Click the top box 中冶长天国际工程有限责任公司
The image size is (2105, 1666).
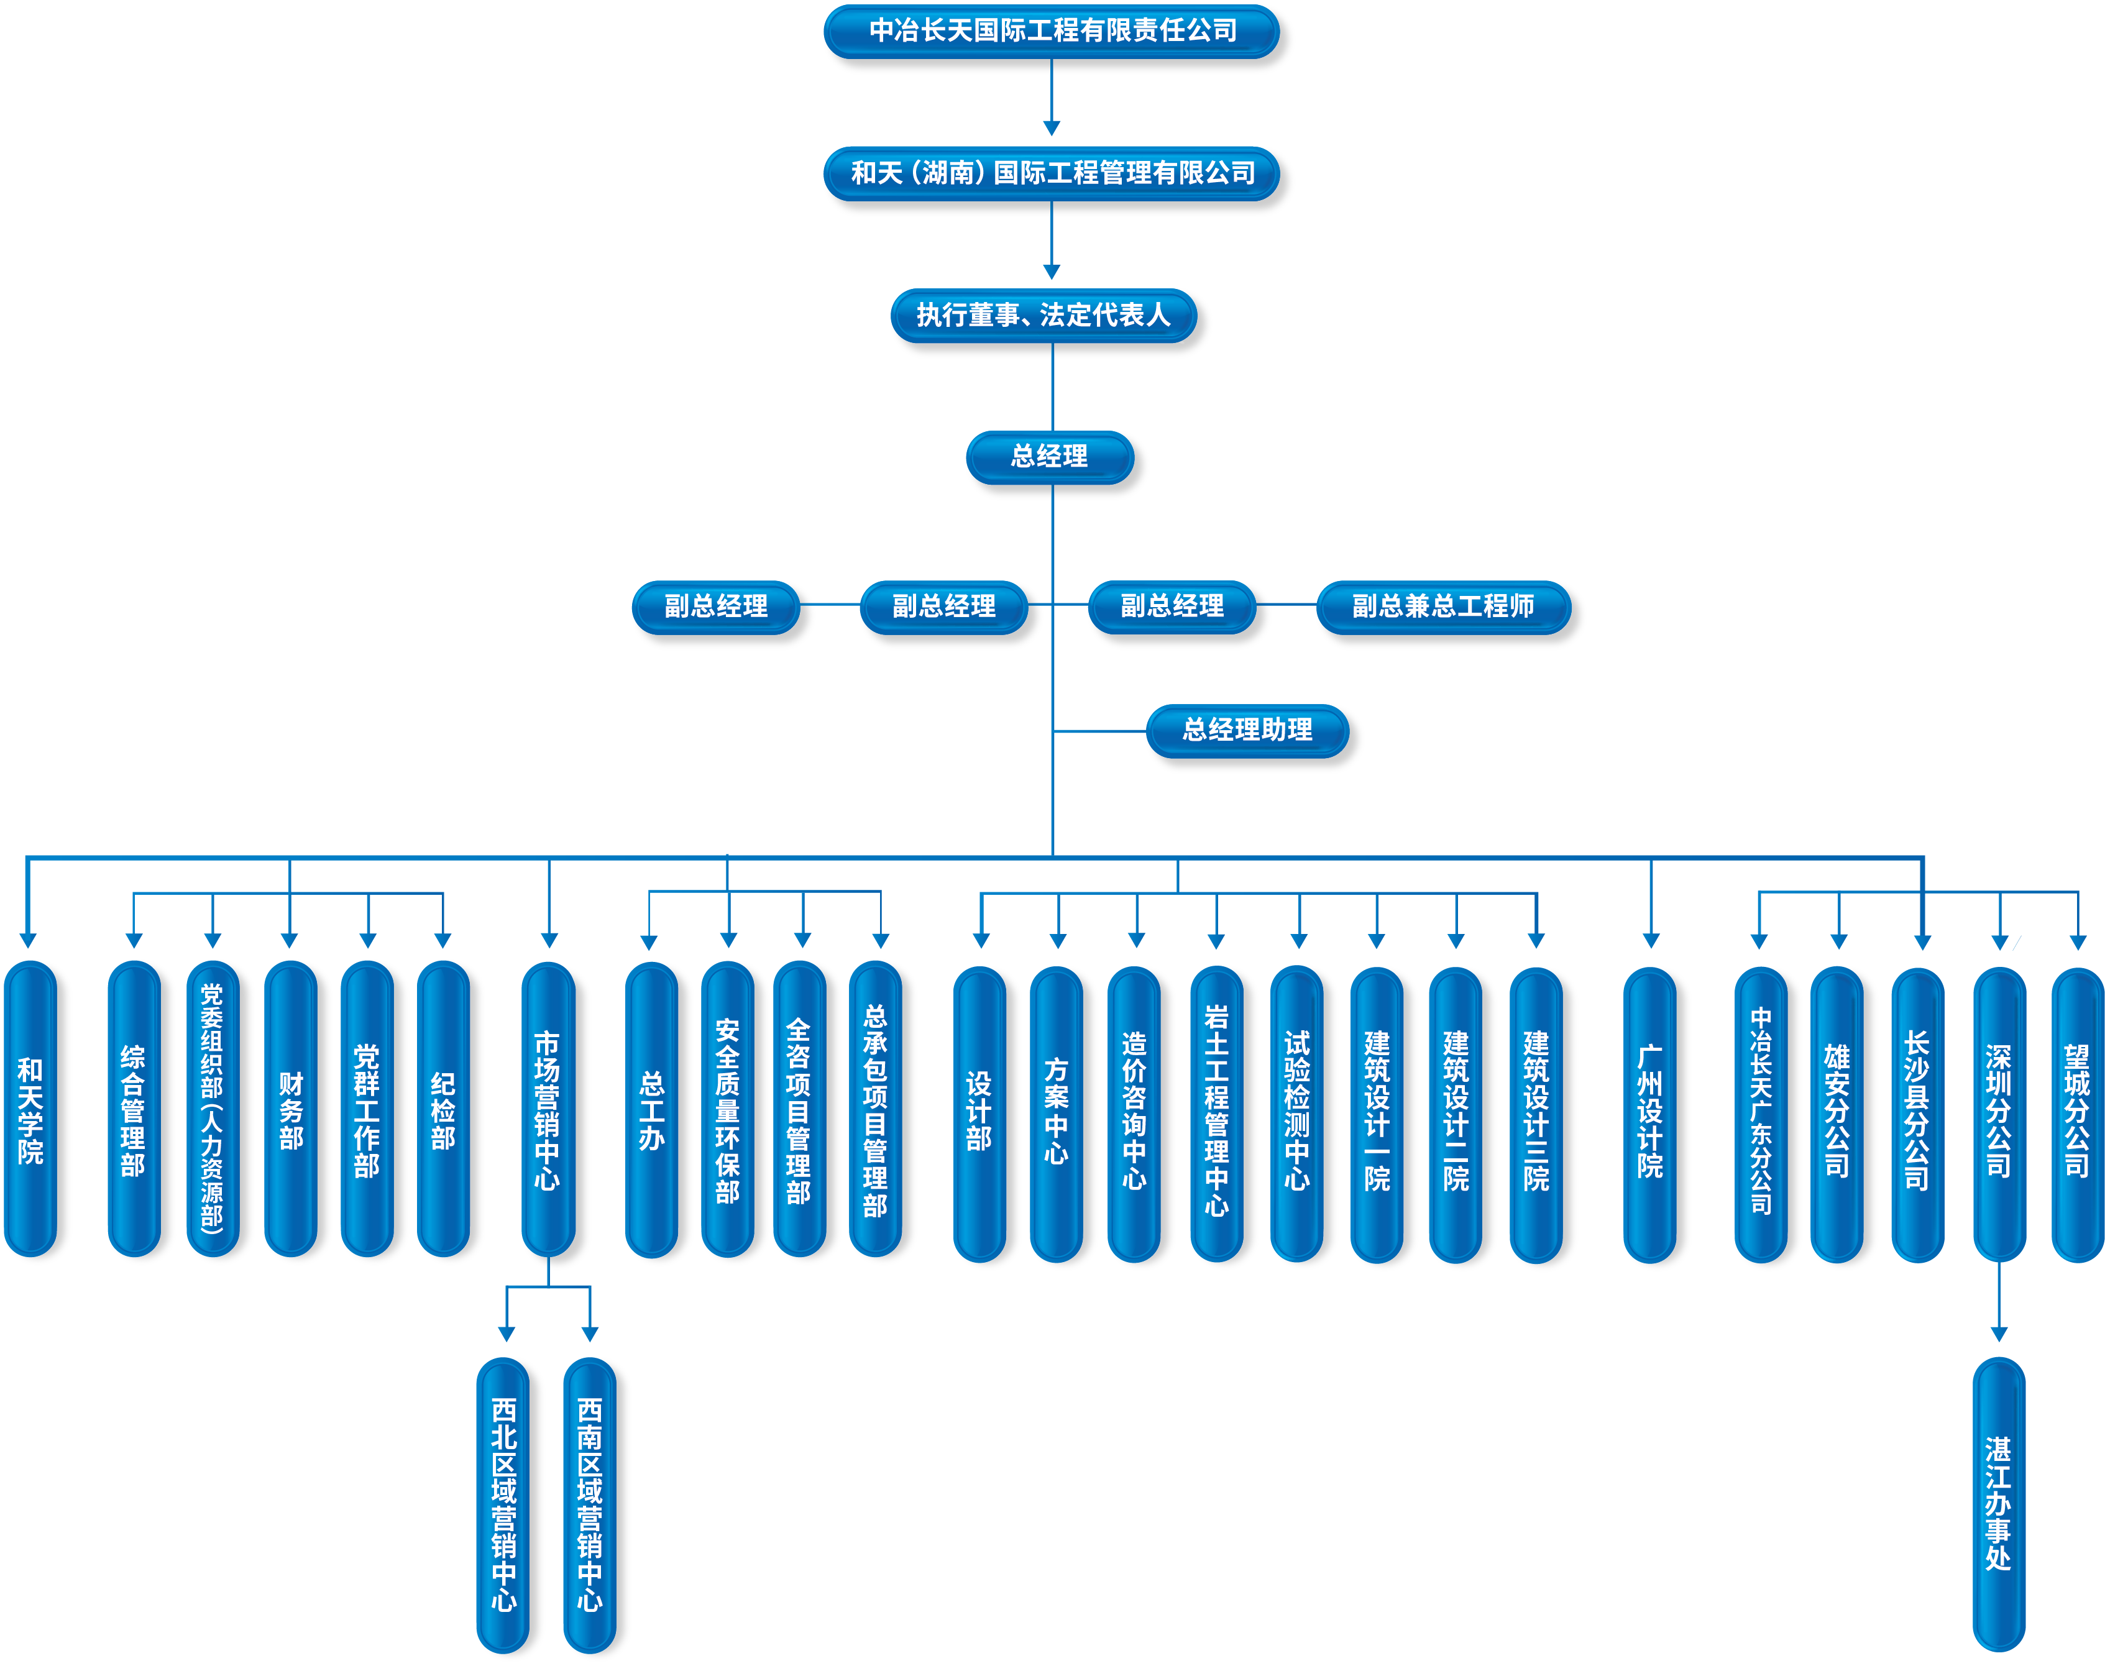[x=1053, y=31]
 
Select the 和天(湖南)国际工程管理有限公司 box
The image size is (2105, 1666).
[x=1053, y=173]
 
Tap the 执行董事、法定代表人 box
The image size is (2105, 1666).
[x=1043, y=315]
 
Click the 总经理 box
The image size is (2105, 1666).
[x=1050, y=457]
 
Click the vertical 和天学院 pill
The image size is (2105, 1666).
[x=30, y=1110]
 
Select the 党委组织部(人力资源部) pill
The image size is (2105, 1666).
[x=212, y=1110]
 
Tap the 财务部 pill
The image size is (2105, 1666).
[x=291, y=1110]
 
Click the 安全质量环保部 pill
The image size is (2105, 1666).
[x=728, y=1110]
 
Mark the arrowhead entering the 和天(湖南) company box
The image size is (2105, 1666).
[x=1052, y=129]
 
